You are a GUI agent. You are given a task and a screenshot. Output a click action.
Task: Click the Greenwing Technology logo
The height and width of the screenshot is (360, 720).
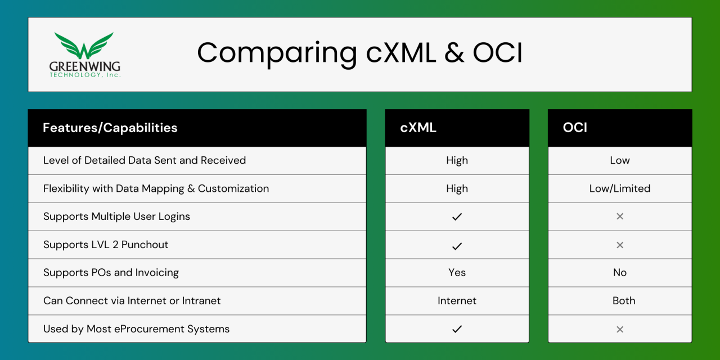click(x=84, y=55)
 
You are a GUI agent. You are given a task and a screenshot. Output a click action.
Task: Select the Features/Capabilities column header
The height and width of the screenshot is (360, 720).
click(x=110, y=128)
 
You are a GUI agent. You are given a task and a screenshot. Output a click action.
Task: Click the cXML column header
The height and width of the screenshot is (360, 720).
click(x=418, y=128)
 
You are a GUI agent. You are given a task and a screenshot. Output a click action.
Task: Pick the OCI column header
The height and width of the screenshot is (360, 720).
click(x=575, y=128)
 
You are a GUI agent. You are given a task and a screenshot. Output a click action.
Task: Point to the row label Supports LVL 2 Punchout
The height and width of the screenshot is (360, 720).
click(x=106, y=245)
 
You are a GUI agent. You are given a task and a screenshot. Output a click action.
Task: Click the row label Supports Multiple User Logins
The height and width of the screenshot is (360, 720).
click(x=116, y=217)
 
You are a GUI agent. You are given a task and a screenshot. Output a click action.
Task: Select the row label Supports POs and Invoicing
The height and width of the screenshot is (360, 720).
click(x=111, y=273)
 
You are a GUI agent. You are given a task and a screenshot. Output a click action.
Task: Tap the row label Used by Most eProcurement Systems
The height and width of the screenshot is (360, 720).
click(x=136, y=329)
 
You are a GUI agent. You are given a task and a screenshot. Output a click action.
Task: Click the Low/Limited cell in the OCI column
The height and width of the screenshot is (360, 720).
click(x=619, y=188)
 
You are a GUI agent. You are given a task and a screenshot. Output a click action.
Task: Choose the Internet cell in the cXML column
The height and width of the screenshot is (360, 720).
click(x=457, y=301)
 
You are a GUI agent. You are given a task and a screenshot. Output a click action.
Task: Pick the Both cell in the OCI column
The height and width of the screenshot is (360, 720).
click(x=623, y=301)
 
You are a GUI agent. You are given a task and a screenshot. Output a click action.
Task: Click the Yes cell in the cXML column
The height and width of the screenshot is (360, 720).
click(x=457, y=273)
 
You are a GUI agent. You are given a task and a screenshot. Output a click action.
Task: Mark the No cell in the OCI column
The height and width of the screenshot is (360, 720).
click(x=619, y=273)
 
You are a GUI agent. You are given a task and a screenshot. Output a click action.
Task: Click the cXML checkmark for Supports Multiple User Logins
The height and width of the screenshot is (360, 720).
click(x=457, y=217)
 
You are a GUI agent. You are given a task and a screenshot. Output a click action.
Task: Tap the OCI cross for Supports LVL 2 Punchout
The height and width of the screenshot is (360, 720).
click(x=619, y=245)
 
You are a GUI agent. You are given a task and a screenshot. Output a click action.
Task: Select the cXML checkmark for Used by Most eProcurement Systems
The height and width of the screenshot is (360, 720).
click(x=457, y=329)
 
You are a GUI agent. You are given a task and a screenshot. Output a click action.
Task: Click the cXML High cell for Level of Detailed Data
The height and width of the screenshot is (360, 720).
click(x=457, y=160)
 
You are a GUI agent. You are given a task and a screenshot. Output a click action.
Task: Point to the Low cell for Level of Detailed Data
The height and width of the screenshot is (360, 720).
click(x=619, y=160)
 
